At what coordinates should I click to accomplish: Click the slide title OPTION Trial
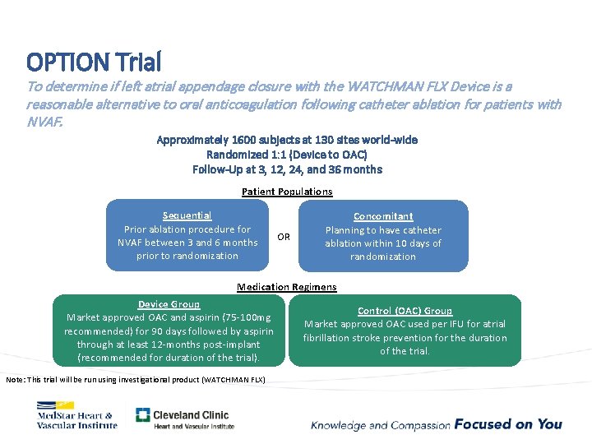point(94,61)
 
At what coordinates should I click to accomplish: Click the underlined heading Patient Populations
point(287,192)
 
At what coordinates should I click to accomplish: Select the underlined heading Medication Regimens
point(286,287)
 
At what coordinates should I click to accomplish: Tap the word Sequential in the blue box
point(187,215)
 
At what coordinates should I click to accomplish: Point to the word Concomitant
point(383,216)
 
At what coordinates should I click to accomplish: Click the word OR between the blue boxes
point(284,237)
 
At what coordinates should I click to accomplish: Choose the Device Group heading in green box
point(169,304)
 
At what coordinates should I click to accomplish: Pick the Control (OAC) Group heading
point(405,311)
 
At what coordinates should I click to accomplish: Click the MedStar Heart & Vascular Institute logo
point(76,415)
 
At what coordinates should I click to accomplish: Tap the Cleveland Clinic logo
point(185,419)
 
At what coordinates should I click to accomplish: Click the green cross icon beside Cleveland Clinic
point(143,416)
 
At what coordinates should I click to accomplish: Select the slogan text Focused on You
point(508,424)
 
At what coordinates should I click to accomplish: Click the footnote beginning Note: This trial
point(136,378)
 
